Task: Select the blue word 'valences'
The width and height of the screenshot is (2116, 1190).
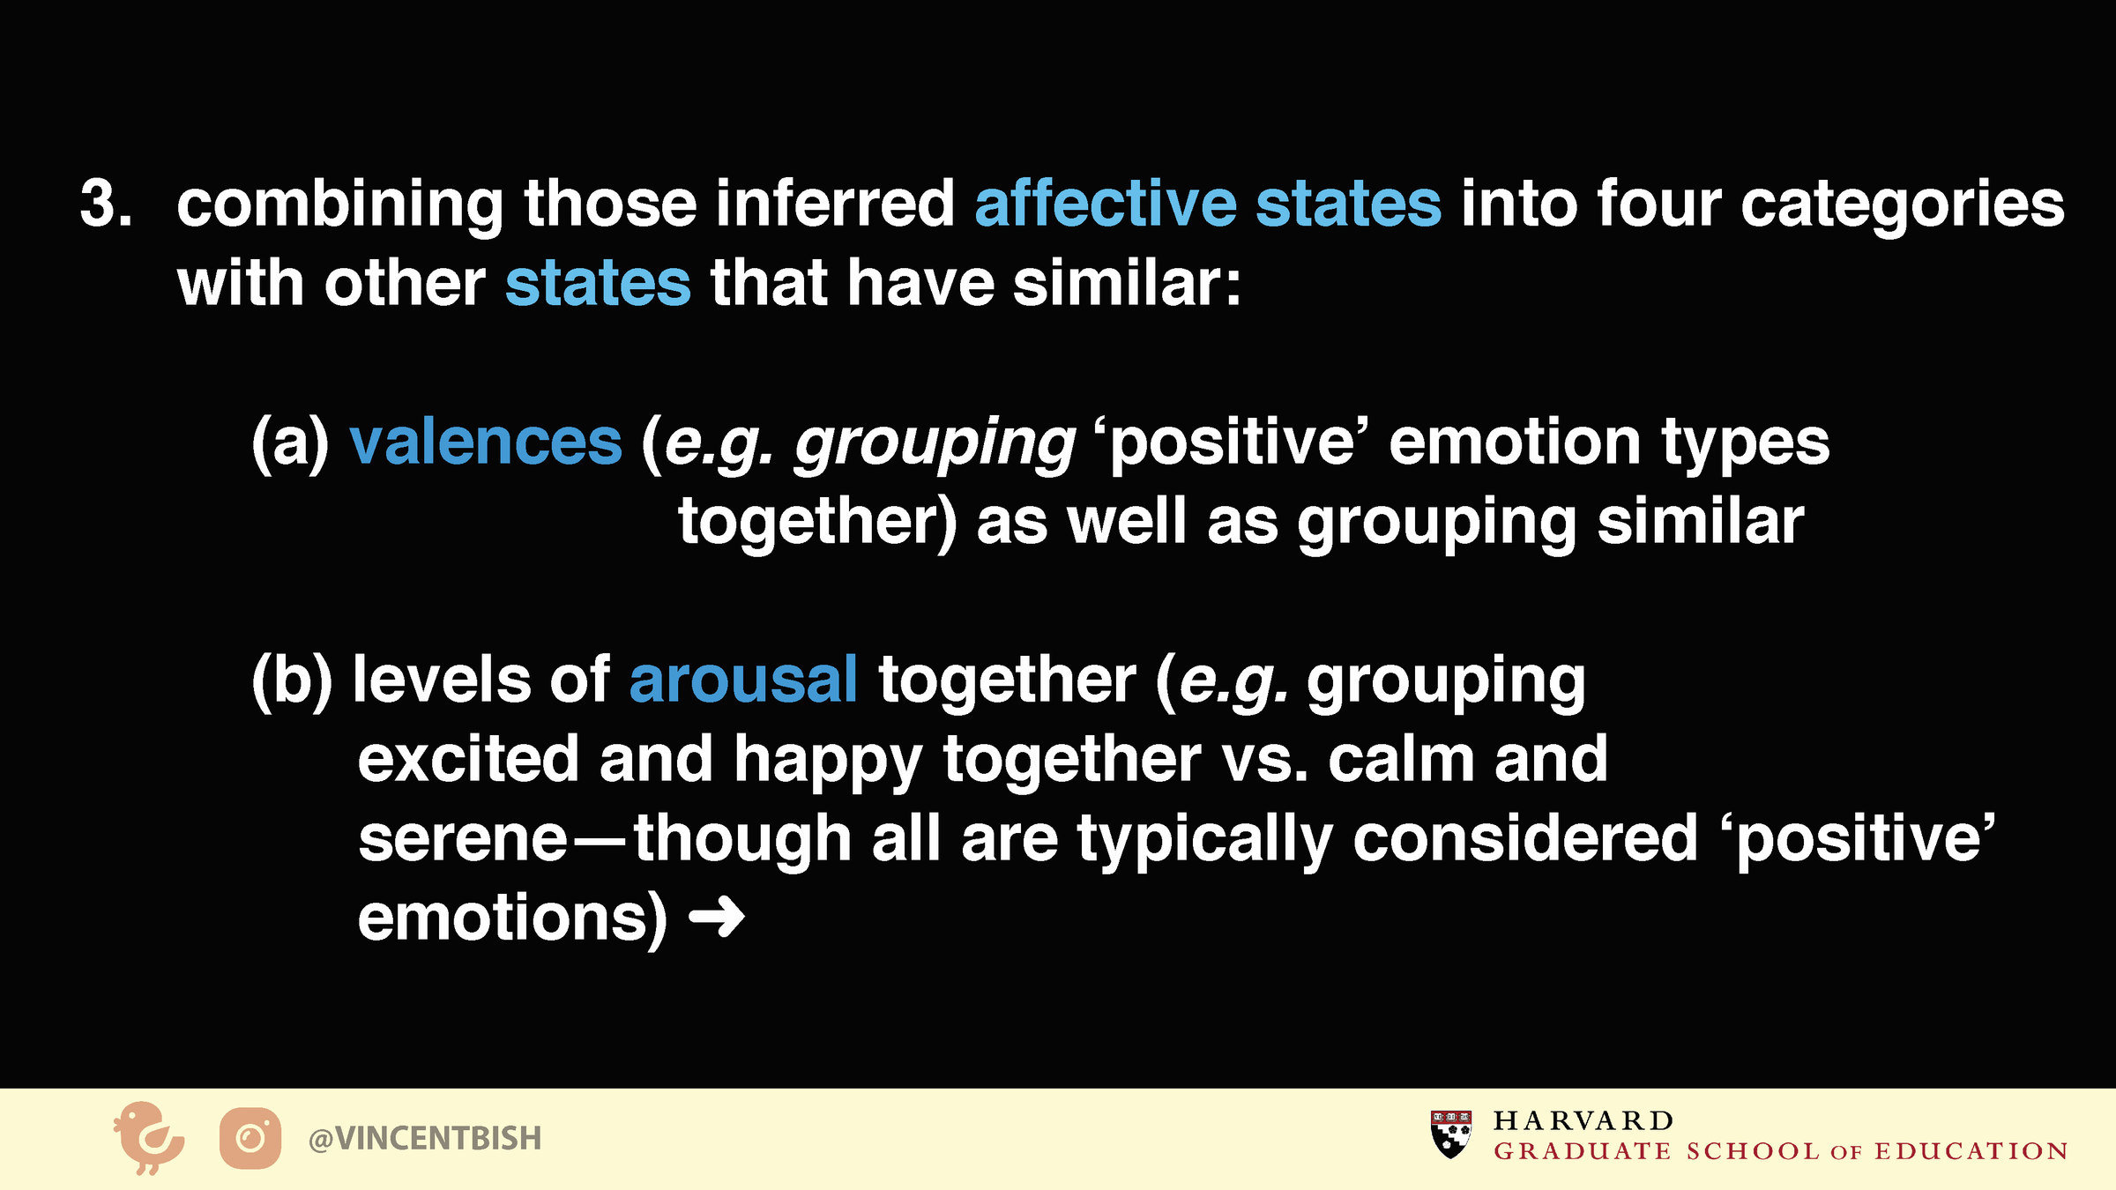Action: click(x=486, y=442)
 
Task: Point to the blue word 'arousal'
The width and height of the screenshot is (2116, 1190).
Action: click(x=743, y=680)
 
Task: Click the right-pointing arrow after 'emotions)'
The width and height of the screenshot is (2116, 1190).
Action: click(x=716, y=918)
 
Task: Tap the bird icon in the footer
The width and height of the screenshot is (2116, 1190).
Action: click(x=148, y=1137)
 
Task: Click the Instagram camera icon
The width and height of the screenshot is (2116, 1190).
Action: click(x=250, y=1138)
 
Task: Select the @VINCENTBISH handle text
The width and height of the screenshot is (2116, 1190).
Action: click(x=425, y=1138)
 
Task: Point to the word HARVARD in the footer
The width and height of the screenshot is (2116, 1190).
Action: click(x=1583, y=1120)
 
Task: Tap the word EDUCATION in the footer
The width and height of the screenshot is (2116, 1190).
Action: click(x=1971, y=1151)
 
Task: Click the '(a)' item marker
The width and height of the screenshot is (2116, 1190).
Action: click(x=290, y=442)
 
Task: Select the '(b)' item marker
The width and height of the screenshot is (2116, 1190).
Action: click(x=292, y=680)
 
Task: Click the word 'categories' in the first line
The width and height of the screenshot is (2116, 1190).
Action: click(x=1903, y=205)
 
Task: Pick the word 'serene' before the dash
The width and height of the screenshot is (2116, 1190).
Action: click(x=464, y=839)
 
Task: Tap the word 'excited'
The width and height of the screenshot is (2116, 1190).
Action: click(x=468, y=759)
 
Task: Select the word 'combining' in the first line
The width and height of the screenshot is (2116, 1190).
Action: click(x=340, y=205)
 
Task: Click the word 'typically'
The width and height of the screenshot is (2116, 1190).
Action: click(x=1204, y=840)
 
